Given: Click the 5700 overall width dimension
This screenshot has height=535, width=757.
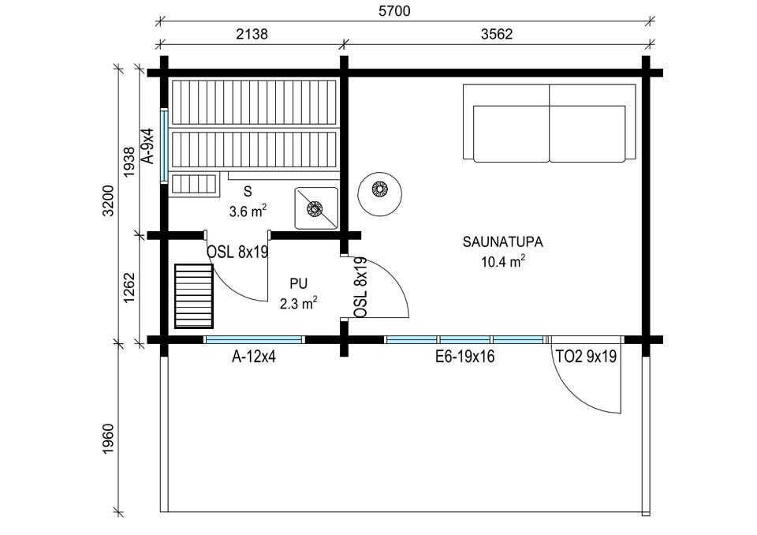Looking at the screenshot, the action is point(394,10).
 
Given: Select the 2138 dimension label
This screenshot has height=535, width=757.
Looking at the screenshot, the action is point(252,34).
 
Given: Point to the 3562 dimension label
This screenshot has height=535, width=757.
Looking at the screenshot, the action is point(497,34).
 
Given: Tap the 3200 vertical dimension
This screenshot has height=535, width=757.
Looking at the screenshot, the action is point(108,200).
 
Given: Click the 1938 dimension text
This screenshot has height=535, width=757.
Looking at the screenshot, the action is point(129,162).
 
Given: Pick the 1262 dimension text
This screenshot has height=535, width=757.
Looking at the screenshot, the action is point(129,289).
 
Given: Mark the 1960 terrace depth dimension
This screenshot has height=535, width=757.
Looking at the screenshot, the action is point(108,439).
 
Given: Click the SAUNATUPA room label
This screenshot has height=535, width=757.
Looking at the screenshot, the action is point(502,241).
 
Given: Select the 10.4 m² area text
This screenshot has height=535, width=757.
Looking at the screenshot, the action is point(502,261).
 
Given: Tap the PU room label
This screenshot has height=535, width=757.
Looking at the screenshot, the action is point(298,283).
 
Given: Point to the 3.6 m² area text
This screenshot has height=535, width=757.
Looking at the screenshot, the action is point(248,211).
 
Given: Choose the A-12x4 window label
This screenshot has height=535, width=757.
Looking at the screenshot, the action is point(254,357).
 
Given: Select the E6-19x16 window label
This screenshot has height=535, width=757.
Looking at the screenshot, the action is point(465,357).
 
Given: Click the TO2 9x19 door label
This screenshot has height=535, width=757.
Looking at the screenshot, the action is point(586,357).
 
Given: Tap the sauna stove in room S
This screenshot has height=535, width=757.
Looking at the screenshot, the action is point(317,208).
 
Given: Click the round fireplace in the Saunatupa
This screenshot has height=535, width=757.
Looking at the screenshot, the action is point(380,194).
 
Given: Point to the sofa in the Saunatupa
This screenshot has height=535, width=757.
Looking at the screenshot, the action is point(550,123).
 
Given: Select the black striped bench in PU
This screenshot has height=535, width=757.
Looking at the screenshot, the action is point(194,296).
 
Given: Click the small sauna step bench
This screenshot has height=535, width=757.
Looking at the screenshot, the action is point(194,184).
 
